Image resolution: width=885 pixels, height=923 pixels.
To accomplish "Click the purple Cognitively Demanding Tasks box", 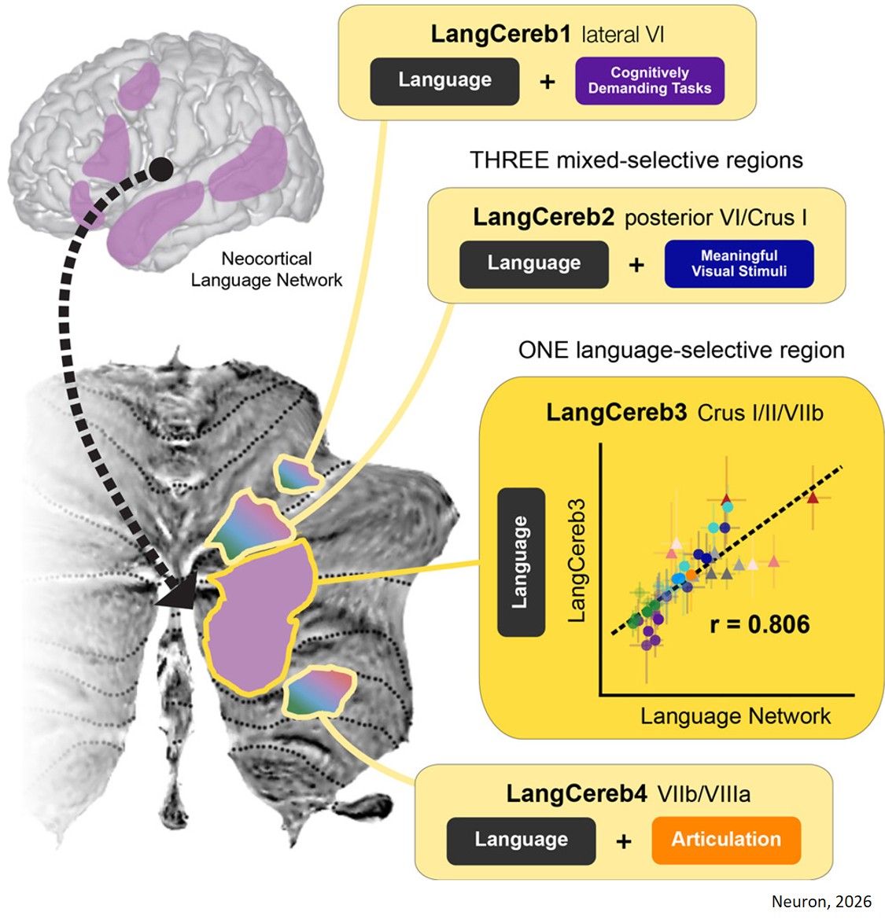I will click(x=650, y=81).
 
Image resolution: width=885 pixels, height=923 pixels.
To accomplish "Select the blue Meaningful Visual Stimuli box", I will click(x=739, y=264).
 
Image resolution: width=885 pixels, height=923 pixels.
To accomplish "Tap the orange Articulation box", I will click(x=725, y=840).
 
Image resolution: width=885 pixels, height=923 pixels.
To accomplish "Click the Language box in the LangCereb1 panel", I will click(x=444, y=81).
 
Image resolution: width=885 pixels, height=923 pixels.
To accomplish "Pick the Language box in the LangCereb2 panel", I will click(x=533, y=264).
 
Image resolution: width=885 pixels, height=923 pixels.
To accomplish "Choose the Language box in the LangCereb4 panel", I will click(x=521, y=840).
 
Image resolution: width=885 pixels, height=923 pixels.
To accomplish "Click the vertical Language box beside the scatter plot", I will click(x=521, y=562).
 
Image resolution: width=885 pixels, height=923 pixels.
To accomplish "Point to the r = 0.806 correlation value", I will click(x=759, y=624).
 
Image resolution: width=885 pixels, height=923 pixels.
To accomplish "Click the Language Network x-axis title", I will click(x=735, y=716).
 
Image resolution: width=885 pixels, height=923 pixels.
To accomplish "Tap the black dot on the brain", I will click(x=160, y=168).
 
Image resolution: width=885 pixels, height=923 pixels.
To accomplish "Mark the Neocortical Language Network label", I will click(x=267, y=270).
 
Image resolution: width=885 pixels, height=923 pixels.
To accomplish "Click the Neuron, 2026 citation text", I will click(x=821, y=902).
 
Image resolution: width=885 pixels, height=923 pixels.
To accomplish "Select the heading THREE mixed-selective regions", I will click(x=636, y=160).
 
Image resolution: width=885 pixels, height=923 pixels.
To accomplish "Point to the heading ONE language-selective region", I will click(x=681, y=350).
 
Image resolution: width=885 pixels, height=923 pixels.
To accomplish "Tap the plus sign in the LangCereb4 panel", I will click(x=624, y=842).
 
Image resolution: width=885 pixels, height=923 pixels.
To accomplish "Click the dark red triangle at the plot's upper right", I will click(x=813, y=497).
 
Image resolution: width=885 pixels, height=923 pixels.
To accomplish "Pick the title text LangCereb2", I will click(x=544, y=218).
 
